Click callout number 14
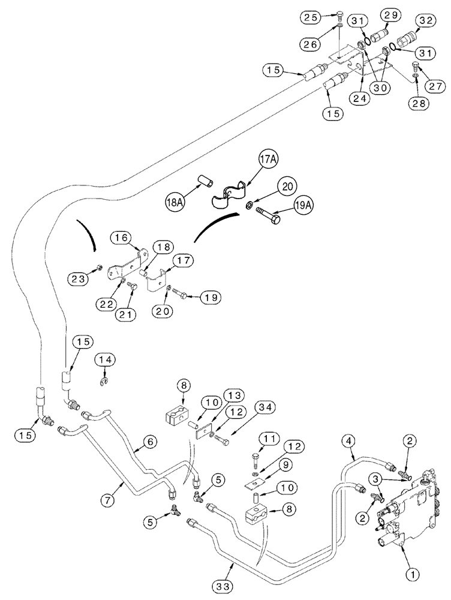point(106,359)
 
